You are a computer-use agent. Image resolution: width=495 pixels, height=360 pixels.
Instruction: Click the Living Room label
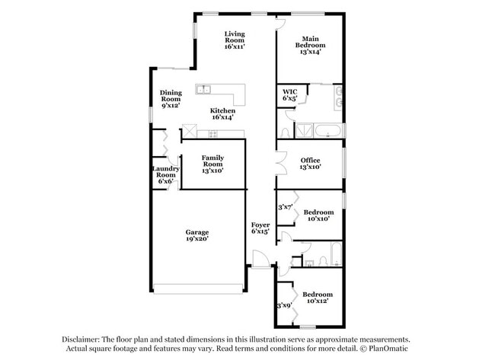(x=234, y=40)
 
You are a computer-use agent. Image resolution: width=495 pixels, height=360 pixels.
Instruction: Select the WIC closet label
(x=289, y=94)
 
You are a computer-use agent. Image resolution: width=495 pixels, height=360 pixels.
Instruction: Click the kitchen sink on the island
(x=203, y=91)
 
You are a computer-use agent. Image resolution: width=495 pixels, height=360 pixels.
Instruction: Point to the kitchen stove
(x=213, y=134)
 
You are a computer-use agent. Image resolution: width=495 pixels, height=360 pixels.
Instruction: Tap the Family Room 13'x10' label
(x=212, y=164)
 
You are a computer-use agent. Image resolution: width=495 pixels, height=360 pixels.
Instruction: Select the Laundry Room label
(x=165, y=175)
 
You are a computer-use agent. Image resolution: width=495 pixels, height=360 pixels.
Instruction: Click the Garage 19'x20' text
(x=196, y=235)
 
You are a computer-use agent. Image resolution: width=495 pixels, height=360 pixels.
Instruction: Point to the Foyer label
(x=260, y=228)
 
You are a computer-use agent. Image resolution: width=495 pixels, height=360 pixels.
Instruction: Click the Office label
(x=310, y=163)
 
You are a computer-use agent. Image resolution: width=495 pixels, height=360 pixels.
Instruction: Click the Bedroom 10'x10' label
(x=318, y=215)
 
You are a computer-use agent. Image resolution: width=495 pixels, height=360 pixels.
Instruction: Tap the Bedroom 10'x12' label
(x=317, y=298)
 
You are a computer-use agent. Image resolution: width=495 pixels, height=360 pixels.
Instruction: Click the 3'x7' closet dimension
(x=286, y=206)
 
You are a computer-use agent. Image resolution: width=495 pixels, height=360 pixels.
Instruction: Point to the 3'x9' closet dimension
(x=283, y=305)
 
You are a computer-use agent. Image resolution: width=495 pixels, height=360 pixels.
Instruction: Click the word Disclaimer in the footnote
(x=83, y=339)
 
